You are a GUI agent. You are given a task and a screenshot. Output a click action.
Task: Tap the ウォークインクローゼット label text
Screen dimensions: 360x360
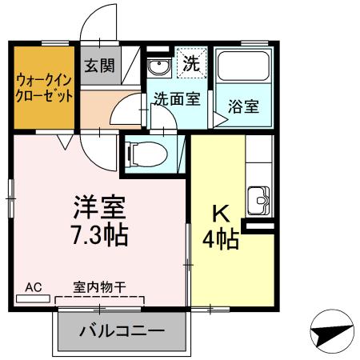(45, 87)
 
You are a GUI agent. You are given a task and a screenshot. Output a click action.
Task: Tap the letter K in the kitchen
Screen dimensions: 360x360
(221, 215)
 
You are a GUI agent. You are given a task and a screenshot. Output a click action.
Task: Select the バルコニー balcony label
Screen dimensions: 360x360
(122, 331)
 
